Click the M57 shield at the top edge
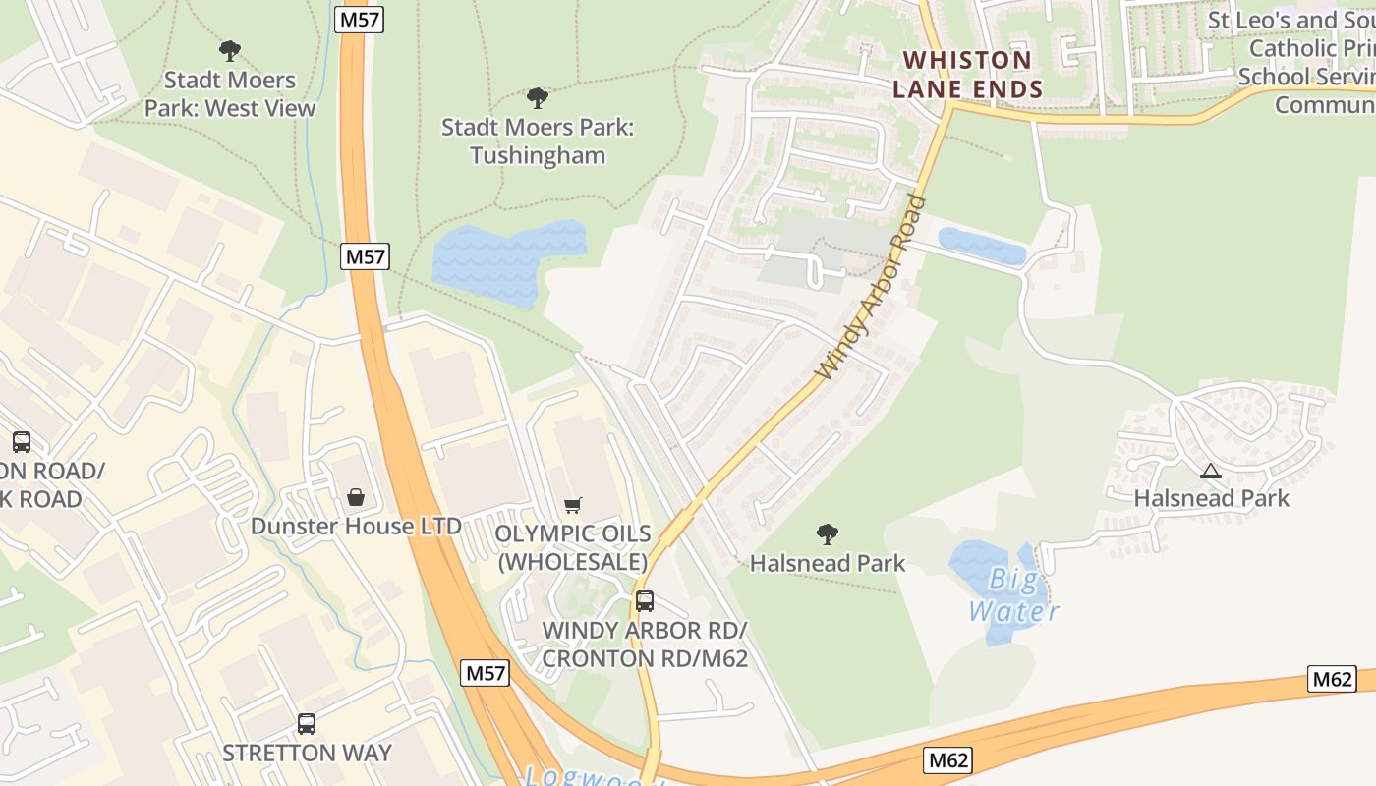point(358,20)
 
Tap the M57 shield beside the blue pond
point(366,257)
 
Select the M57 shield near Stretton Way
point(485,674)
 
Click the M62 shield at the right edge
point(1332,679)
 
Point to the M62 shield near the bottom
point(948,759)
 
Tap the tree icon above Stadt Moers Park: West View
point(230,50)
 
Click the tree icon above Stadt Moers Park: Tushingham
point(537,98)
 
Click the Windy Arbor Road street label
point(871,287)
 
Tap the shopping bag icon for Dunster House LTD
point(355,497)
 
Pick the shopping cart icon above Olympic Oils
point(573,506)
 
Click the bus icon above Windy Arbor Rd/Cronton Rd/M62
point(645,601)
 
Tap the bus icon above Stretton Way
point(307,724)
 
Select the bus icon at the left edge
point(22,442)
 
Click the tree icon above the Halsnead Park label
point(828,534)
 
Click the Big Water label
point(1014,595)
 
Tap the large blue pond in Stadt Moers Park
point(508,261)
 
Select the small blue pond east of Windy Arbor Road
point(981,246)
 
